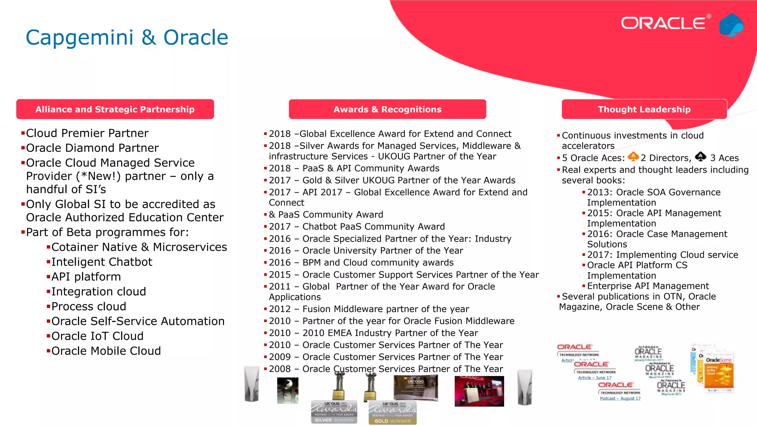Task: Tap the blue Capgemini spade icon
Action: click(731, 25)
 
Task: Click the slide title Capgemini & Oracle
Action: click(127, 37)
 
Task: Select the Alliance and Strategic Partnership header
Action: click(115, 109)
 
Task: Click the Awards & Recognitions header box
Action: click(387, 109)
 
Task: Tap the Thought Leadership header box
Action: click(644, 109)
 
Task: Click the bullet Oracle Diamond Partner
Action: click(92, 148)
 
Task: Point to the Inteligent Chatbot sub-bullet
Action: click(102, 262)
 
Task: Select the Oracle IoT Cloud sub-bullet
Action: click(97, 336)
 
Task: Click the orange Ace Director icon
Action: click(633, 156)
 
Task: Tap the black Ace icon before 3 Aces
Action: click(700, 156)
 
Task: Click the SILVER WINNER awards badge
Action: click(334, 412)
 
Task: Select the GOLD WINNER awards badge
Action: click(392, 413)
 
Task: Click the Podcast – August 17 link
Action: click(620, 398)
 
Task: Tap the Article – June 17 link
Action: click(594, 378)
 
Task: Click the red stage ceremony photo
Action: click(479, 391)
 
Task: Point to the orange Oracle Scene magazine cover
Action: click(719, 373)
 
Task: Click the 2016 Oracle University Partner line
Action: click(366, 251)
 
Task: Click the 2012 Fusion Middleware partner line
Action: click(369, 309)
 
